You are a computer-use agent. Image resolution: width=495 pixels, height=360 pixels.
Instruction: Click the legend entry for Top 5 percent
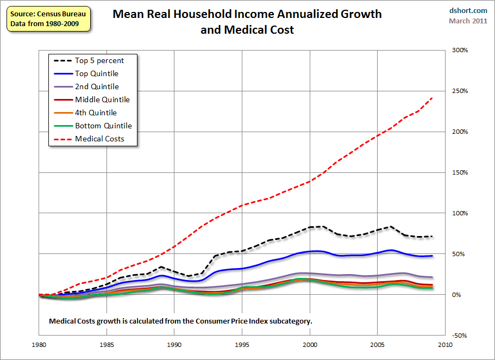[99, 60]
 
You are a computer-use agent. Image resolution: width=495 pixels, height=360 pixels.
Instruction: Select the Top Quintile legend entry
[96, 73]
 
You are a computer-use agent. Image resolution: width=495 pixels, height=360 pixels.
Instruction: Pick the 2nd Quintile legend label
[97, 86]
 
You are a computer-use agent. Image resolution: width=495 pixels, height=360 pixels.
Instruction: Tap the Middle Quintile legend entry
[102, 100]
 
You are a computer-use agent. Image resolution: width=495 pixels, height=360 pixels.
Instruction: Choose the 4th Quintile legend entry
[96, 113]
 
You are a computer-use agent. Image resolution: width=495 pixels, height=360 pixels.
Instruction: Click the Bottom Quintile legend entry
[103, 126]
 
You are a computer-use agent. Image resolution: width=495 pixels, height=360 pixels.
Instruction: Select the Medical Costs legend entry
[99, 139]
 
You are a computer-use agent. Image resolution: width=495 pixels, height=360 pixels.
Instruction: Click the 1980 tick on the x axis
[40, 345]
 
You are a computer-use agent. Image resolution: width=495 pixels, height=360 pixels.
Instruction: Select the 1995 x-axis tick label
[242, 345]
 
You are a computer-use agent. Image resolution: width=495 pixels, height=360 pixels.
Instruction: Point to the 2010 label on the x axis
[445, 345]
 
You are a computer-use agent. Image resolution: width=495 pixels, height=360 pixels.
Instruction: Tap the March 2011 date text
[468, 21]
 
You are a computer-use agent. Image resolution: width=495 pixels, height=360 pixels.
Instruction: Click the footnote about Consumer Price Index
[180, 321]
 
